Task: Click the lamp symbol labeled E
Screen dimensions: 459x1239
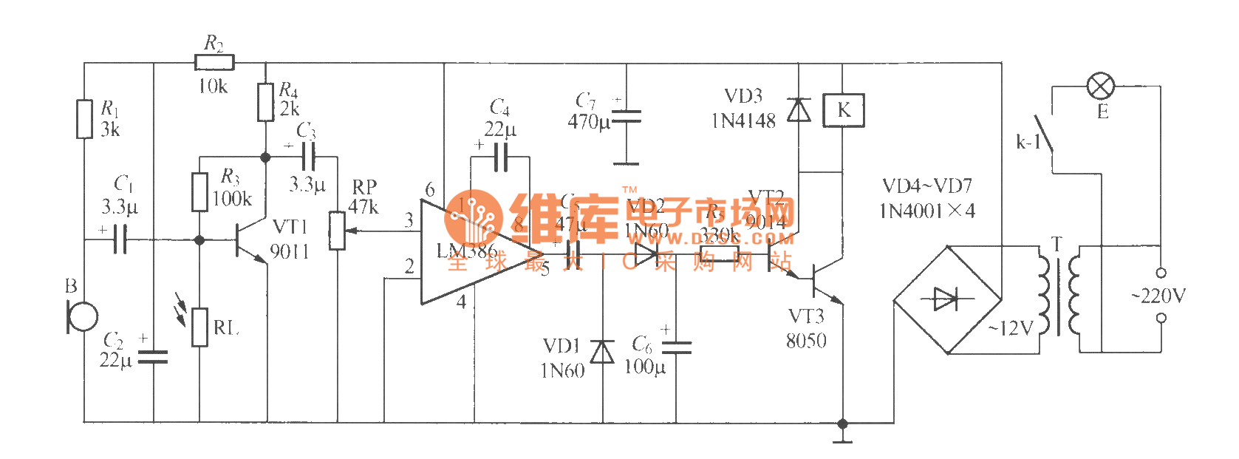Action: point(1101,86)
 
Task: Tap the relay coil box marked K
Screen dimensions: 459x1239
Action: point(843,111)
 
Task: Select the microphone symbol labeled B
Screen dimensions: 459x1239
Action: point(81,316)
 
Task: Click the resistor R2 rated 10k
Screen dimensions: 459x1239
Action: point(214,63)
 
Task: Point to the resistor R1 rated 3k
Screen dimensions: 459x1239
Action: point(85,118)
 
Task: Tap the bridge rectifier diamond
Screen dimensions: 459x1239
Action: point(947,299)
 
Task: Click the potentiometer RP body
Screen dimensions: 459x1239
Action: point(338,231)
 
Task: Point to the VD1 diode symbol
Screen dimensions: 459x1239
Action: point(603,353)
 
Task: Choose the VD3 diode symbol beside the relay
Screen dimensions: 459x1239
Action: point(799,110)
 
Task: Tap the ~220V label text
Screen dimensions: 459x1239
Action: point(1158,296)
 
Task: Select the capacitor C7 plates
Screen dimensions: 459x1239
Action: point(627,117)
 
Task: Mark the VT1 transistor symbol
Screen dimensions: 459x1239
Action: point(250,240)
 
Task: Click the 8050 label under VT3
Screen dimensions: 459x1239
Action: point(806,341)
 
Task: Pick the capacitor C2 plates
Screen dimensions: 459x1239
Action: point(154,358)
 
